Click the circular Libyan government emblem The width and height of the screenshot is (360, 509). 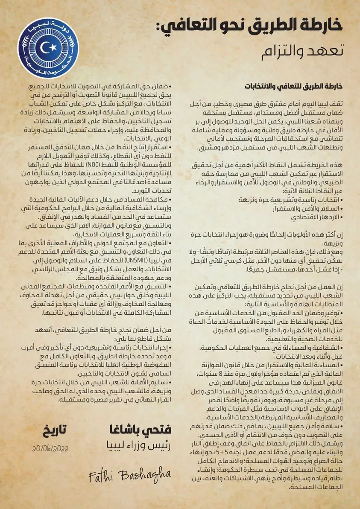click(48, 48)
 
